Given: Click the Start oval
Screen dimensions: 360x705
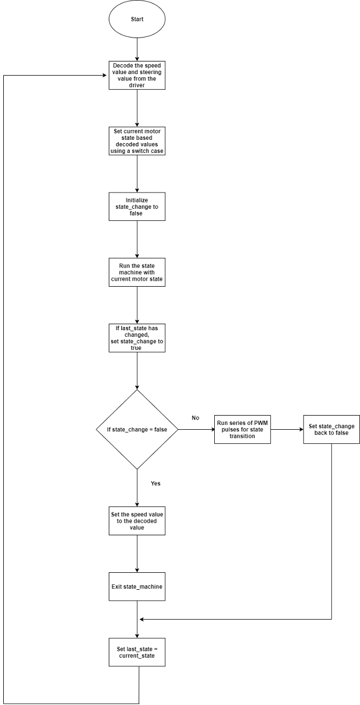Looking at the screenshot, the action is point(137,19).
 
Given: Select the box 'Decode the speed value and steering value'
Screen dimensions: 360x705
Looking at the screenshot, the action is point(137,75).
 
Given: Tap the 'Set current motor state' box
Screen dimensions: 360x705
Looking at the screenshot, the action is point(137,141).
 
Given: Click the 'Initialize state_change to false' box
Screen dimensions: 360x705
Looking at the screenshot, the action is point(137,207).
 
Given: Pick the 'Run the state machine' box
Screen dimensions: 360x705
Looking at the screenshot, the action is point(137,272).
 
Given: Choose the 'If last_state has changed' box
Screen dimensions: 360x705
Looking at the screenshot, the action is point(137,338).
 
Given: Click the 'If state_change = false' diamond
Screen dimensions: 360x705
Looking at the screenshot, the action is point(137,429).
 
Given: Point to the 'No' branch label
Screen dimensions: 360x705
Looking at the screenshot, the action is point(195,418).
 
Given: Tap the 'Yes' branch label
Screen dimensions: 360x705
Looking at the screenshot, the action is point(156,483).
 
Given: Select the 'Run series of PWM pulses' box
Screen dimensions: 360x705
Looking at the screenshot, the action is point(243,429).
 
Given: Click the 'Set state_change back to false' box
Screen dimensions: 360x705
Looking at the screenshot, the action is point(331,429).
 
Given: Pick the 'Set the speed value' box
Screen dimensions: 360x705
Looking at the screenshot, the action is point(137,521).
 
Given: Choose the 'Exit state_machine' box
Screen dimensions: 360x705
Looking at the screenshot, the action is point(137,586).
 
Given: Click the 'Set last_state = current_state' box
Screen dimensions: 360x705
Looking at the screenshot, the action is point(137,652).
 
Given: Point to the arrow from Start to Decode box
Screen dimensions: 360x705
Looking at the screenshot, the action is point(137,50).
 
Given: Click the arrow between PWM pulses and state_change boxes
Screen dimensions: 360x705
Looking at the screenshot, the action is point(287,429).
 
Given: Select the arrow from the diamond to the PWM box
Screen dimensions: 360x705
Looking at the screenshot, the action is point(196,429).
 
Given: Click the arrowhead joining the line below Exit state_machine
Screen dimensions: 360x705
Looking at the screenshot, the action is point(142,620).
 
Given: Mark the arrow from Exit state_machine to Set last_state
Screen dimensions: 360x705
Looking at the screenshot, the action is point(137,620).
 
